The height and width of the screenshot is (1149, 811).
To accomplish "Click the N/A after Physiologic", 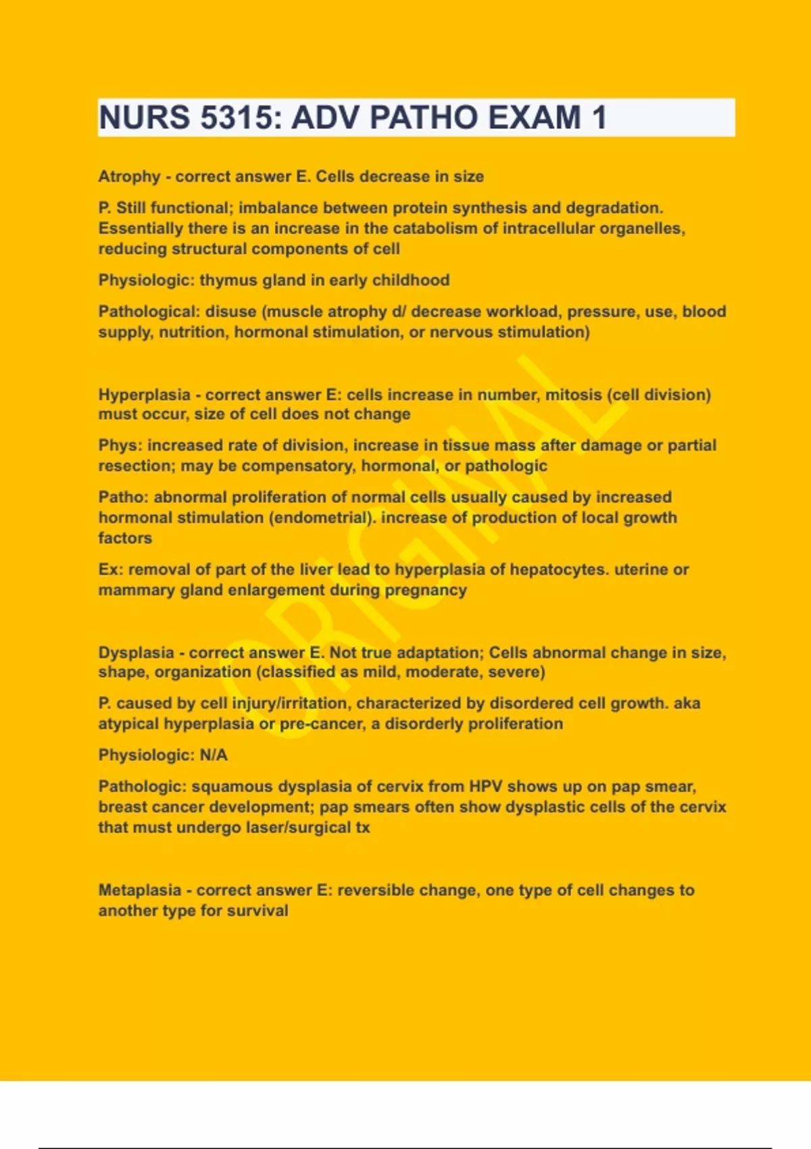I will [x=214, y=755].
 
